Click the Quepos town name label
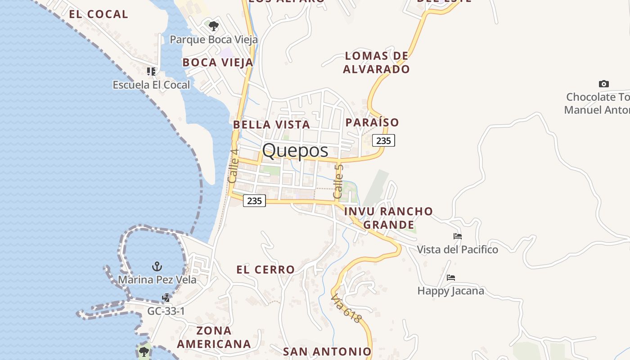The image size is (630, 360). (x=295, y=150)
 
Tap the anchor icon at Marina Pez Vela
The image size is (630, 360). (x=157, y=266)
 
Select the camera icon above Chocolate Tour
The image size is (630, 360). (x=604, y=84)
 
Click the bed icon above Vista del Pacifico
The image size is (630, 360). (x=458, y=236)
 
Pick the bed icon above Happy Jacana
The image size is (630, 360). (x=451, y=278)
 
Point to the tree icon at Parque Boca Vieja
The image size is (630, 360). (x=214, y=26)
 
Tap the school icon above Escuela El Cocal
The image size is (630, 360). (x=151, y=71)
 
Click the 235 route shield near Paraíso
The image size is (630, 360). (x=383, y=140)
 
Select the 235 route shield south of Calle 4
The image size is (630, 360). (x=254, y=201)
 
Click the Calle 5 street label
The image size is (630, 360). (x=338, y=182)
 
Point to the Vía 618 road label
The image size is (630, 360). (x=346, y=308)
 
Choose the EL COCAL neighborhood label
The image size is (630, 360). (x=99, y=14)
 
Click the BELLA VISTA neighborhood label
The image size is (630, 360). (x=271, y=125)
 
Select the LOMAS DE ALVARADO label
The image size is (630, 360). (x=377, y=63)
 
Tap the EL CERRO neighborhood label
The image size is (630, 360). (x=265, y=270)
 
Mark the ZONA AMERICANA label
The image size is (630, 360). (x=214, y=337)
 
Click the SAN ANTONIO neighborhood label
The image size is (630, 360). (x=327, y=351)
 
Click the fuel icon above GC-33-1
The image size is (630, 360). (x=166, y=297)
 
